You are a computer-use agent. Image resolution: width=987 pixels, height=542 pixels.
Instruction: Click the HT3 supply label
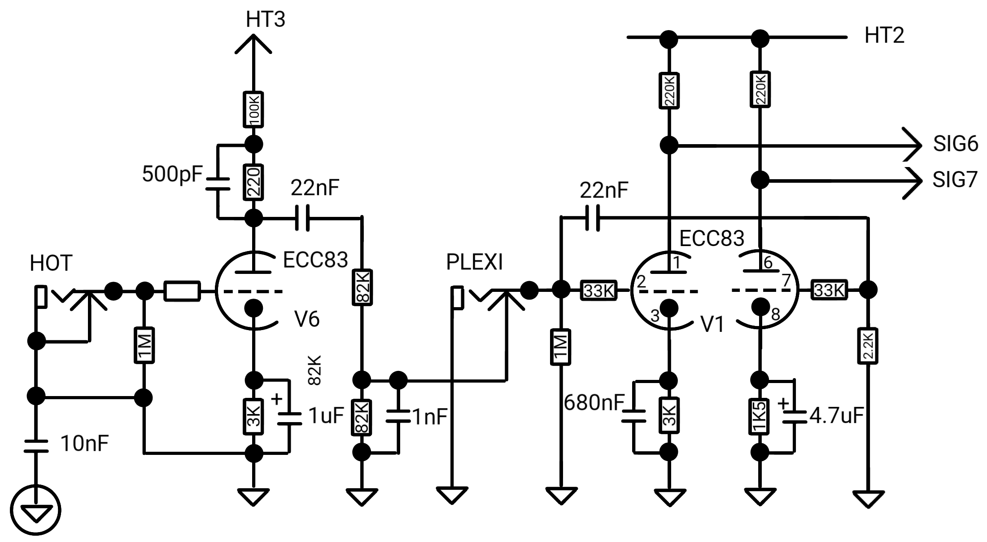click(266, 19)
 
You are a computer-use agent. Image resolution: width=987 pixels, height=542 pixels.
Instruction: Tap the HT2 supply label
click(884, 35)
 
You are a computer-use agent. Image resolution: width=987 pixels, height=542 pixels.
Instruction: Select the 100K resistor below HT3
click(253, 110)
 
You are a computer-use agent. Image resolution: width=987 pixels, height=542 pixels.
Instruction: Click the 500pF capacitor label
click(173, 174)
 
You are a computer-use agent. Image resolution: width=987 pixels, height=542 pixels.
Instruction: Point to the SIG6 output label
click(955, 144)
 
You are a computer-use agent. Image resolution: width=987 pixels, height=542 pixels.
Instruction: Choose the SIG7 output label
click(955, 180)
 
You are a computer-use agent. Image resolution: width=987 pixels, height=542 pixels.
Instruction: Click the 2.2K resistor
click(868, 346)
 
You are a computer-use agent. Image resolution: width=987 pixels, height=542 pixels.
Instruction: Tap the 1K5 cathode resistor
click(760, 416)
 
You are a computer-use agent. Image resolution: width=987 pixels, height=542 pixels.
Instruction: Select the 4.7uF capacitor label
click(836, 415)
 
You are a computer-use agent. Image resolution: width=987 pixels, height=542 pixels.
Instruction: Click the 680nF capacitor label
click(594, 402)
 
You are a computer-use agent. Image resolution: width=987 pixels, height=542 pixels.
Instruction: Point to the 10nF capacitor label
click(84, 443)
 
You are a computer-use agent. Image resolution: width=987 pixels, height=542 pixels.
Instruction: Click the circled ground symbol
click(35, 511)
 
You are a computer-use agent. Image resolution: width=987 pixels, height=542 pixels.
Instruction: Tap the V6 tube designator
click(307, 319)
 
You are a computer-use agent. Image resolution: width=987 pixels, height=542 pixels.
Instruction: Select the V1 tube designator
click(712, 324)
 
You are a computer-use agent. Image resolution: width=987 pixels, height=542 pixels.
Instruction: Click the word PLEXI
click(475, 262)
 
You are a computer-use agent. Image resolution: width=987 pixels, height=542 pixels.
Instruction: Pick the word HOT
click(51, 263)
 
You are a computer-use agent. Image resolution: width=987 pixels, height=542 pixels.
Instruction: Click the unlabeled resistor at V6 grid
click(182, 291)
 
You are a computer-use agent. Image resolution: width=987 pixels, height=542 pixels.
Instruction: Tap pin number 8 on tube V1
click(776, 314)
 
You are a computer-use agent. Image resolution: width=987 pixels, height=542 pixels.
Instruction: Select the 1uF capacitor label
click(326, 416)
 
